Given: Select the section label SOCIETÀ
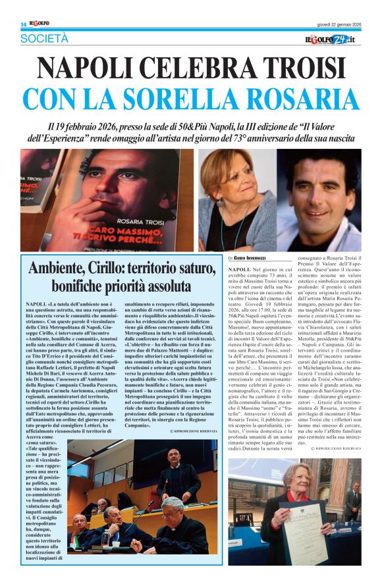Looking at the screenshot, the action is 44,40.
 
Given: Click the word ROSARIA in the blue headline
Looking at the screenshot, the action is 290,98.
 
